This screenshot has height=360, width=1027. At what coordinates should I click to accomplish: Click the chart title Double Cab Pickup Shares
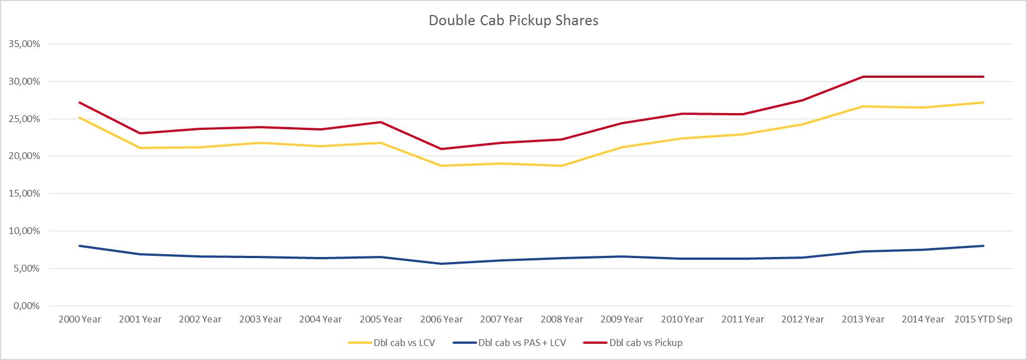point(513,21)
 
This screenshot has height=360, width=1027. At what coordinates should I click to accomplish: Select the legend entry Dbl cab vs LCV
point(404,343)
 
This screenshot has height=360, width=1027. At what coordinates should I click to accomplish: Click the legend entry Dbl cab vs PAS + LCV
point(522,343)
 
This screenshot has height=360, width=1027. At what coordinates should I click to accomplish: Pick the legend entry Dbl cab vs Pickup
point(645,343)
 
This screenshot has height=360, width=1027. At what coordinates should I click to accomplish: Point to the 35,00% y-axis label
point(24,44)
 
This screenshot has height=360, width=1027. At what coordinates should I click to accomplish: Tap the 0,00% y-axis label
point(26,306)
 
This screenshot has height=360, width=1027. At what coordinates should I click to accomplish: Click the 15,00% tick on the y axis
point(24,194)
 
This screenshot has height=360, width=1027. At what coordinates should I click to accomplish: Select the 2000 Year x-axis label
point(80,320)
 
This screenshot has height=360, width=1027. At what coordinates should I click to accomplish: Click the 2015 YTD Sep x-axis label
point(983,320)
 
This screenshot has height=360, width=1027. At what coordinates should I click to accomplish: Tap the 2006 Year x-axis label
point(441,320)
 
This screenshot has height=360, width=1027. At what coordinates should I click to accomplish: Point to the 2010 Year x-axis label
point(682,320)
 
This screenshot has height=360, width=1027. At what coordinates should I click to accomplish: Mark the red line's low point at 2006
point(441,149)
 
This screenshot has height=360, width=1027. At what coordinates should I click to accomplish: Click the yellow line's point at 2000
point(80,118)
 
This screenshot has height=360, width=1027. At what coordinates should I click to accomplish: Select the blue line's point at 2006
point(441,264)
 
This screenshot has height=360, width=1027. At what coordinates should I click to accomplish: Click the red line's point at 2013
point(863,77)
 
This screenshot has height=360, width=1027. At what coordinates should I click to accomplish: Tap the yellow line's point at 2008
point(562,166)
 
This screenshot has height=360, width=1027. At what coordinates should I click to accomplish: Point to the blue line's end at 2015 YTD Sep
point(983,246)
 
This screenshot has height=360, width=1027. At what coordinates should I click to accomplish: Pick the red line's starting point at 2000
point(80,102)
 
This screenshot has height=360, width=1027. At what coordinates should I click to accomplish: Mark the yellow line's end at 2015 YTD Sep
point(983,102)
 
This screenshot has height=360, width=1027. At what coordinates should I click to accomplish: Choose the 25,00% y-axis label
point(24,119)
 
